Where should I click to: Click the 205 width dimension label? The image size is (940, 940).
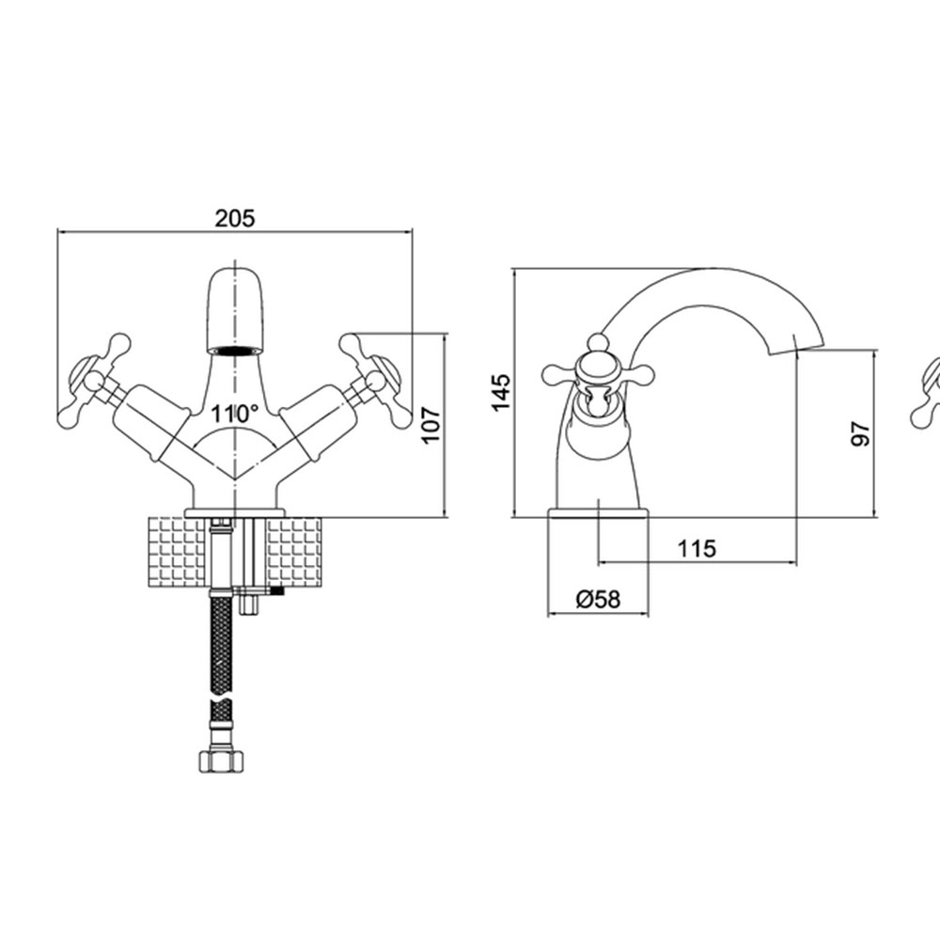(x=235, y=218)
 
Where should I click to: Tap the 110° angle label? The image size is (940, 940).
(x=234, y=413)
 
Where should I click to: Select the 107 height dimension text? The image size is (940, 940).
(x=431, y=425)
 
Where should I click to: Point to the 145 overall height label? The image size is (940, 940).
(x=501, y=392)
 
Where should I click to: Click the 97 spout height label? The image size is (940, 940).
(x=860, y=433)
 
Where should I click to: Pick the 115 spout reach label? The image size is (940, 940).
(x=697, y=548)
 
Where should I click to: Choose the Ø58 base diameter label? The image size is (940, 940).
(x=598, y=599)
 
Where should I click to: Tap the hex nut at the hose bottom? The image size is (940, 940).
(x=221, y=760)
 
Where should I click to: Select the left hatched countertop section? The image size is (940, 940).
(x=178, y=552)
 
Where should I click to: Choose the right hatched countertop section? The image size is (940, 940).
(x=293, y=552)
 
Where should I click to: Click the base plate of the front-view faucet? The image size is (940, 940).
(x=234, y=513)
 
